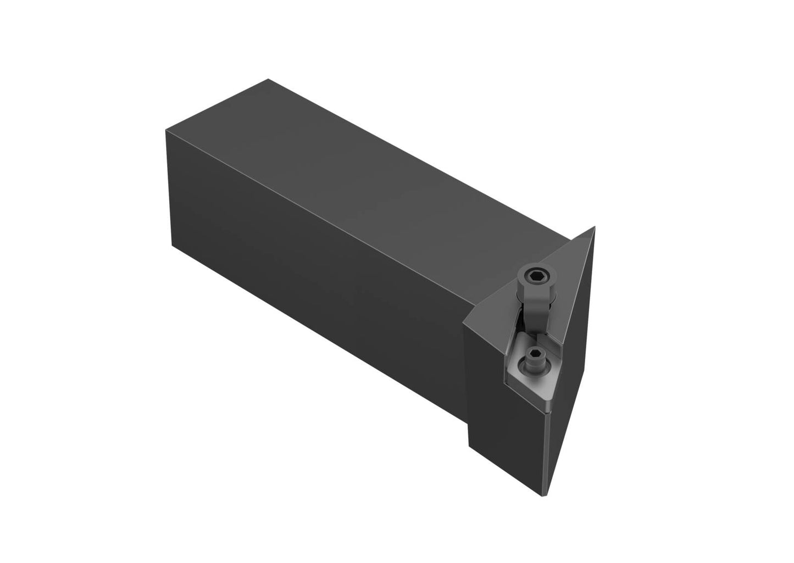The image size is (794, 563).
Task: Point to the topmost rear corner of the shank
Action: (x=268, y=80)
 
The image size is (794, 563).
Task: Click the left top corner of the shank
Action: (x=166, y=131)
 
